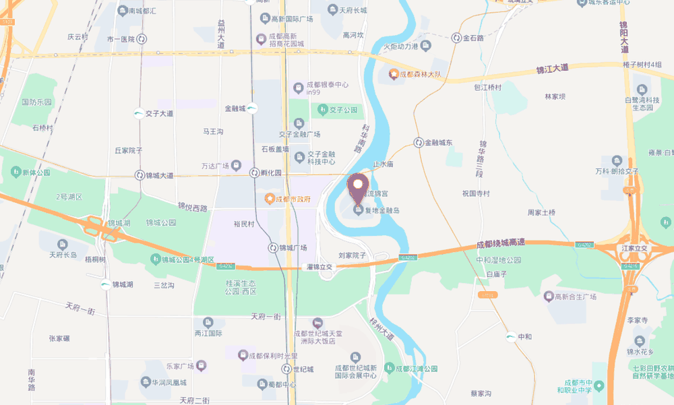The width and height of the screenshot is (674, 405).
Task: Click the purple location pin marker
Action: [357, 185]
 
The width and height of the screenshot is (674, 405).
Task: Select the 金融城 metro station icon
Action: [251, 108]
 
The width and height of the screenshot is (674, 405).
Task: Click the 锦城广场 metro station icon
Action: [273, 247]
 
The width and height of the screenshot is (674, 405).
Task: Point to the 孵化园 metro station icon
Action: [255, 173]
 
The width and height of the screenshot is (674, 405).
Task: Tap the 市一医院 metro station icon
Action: [142, 40]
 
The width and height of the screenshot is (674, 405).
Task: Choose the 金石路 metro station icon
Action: [456, 38]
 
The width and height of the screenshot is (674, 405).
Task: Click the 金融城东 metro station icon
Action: [419, 143]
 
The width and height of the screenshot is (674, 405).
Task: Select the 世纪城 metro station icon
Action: [286, 369]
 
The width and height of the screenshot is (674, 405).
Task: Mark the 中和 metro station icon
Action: [510, 336]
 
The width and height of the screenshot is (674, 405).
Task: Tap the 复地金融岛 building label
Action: [382, 211]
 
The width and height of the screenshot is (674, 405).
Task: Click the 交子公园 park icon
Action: [322, 109]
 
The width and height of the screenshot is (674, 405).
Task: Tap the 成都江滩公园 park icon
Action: [389, 368]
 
